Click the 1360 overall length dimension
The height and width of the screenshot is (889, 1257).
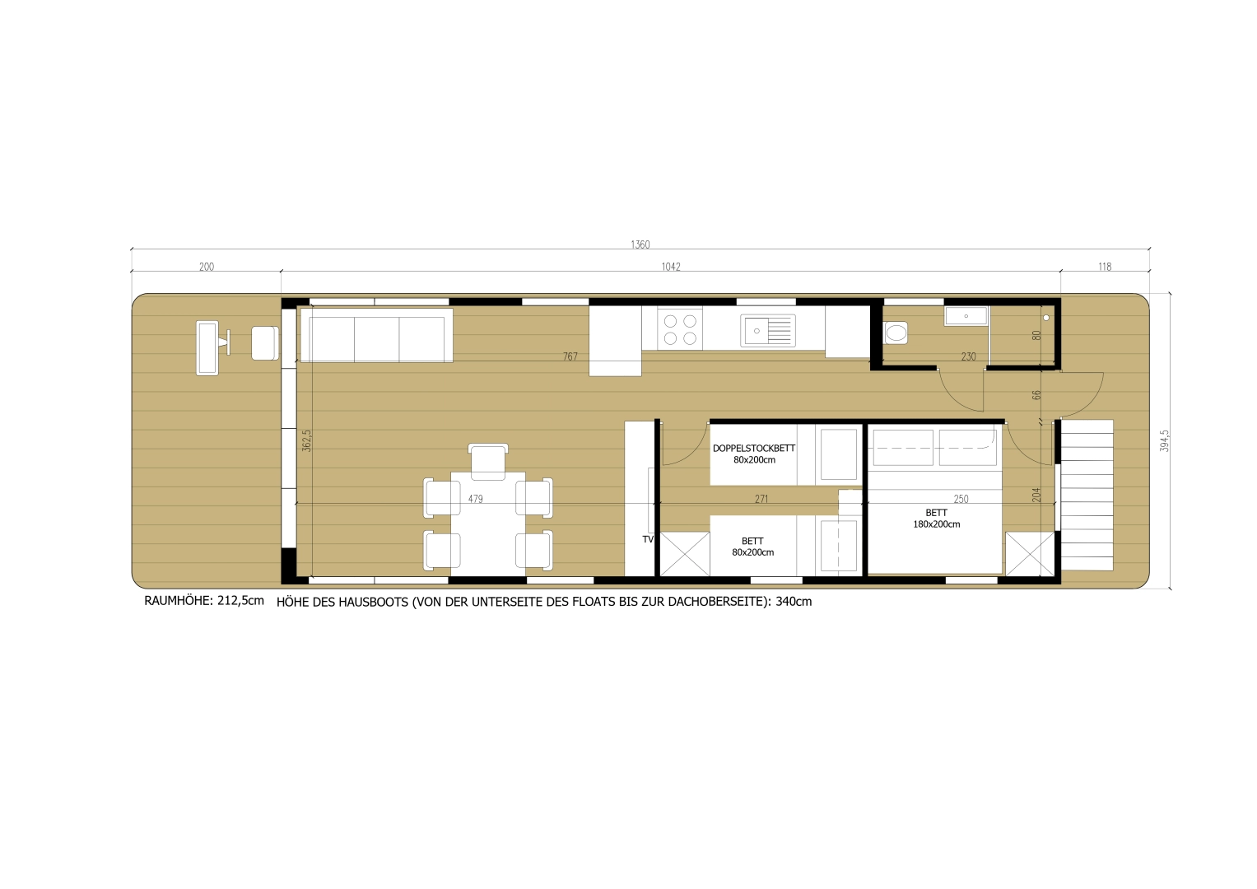click(640, 244)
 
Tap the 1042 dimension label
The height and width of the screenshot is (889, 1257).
click(670, 267)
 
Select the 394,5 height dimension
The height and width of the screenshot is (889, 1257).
click(1164, 440)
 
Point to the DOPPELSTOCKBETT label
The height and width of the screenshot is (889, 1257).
click(753, 449)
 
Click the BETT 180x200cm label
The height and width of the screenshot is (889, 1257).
click(936, 519)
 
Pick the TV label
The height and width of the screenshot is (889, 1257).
click(648, 539)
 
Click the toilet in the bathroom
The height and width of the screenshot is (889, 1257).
click(896, 333)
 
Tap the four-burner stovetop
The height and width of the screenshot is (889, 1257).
click(680, 329)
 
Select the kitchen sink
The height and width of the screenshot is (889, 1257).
click(767, 330)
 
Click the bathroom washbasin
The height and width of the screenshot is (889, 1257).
click(966, 315)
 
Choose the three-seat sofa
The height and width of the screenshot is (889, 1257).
click(376, 335)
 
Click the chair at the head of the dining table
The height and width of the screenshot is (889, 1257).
click(488, 461)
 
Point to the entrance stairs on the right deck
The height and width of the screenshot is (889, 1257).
click(1086, 495)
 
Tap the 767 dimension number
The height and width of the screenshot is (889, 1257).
click(570, 356)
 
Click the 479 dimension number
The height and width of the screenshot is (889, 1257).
click(475, 499)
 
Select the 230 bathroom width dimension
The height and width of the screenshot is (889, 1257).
click(968, 356)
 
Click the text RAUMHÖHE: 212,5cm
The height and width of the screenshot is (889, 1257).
click(204, 601)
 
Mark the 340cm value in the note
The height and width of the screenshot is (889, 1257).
click(794, 602)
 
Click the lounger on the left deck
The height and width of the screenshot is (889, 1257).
click(207, 348)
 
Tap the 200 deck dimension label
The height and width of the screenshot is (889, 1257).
click(206, 267)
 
